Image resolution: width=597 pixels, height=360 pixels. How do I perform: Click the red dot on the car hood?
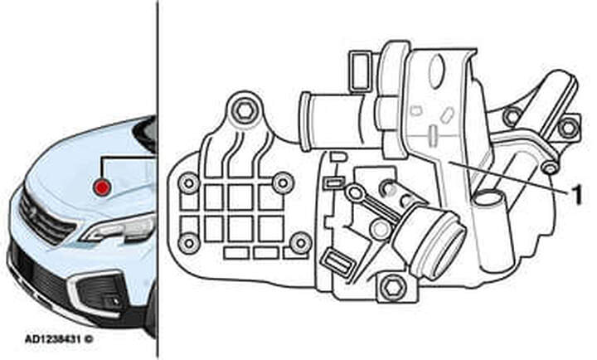102,187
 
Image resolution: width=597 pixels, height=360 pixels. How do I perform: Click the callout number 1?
577,195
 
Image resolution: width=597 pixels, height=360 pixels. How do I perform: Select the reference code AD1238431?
53,338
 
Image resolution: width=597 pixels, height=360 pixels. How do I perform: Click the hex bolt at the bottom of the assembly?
391,287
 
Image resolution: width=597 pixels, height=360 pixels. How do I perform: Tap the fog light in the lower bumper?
114,301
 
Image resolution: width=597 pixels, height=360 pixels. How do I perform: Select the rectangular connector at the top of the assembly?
360,71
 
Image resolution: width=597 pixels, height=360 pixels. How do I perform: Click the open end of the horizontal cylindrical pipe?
305,121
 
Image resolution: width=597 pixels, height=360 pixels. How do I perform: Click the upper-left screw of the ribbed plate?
189,183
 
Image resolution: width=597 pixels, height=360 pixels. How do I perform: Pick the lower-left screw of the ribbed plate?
189,244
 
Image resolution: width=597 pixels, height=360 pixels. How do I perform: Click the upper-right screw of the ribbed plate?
283,182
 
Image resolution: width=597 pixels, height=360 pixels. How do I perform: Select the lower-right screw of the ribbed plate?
301,243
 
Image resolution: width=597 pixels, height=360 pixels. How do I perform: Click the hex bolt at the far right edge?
568,128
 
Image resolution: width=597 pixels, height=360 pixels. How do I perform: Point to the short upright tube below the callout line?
490,229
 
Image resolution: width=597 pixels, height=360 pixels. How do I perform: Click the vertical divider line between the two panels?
158,180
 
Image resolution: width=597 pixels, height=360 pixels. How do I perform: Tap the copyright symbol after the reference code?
89,338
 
